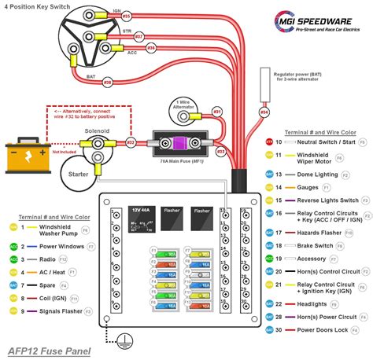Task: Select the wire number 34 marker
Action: (264, 112)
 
